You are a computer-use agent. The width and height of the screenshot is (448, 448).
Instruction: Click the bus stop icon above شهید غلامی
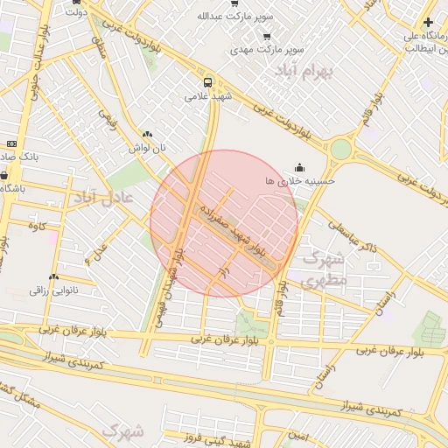coord(206,82)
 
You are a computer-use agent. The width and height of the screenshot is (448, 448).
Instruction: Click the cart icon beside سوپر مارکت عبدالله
coord(234,3)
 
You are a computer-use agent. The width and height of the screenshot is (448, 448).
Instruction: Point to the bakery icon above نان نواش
coord(147,135)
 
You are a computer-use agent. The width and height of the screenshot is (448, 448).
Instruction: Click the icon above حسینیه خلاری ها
coord(301,167)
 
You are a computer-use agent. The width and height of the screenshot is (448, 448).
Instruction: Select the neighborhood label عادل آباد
coord(103,198)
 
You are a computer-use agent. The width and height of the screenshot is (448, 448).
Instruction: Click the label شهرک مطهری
coord(324,270)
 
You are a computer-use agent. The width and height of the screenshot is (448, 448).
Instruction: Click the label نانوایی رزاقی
coord(54,290)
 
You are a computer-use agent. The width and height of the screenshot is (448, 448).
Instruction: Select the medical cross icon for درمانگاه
coord(427,22)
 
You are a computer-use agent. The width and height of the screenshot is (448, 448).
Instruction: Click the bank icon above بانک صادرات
coord(11,143)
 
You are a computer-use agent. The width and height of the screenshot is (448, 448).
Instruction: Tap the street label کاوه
coord(36,227)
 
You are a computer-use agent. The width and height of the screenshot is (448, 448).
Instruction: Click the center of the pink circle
coord(224,223)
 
